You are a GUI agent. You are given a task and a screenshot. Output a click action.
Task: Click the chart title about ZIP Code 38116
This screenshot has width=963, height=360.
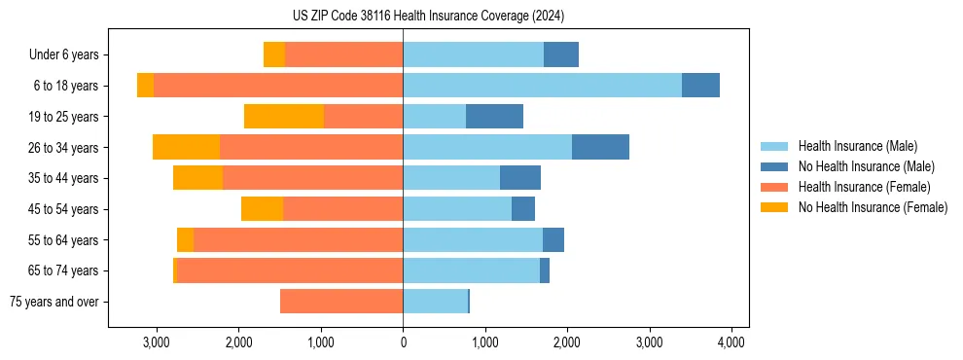pos(428,17)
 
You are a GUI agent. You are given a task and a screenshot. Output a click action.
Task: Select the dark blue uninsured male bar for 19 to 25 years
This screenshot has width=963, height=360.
pos(494,117)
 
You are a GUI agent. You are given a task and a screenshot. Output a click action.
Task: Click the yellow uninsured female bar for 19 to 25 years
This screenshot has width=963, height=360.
pos(284,117)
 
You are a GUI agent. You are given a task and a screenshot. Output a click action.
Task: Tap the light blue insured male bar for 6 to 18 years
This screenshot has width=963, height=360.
pos(542,86)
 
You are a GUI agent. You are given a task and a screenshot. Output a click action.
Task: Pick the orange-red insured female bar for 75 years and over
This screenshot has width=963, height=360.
pos(341,302)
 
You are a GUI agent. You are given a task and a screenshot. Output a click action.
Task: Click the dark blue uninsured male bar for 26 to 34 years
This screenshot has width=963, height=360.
pos(600,147)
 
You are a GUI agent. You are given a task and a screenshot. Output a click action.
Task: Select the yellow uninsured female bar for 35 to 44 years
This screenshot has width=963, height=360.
pos(198,178)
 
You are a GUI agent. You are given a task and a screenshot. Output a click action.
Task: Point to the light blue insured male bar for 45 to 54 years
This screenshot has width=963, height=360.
pos(457,209)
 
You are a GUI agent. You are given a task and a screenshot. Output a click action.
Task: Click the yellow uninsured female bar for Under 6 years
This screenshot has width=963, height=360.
pos(274,54)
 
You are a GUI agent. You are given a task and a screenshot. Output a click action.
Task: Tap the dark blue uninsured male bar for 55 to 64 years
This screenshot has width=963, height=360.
pos(553,239)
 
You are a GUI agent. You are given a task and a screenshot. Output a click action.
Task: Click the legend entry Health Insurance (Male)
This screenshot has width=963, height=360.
pos(857,146)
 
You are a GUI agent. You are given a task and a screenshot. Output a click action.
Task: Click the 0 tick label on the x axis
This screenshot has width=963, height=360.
pos(403,342)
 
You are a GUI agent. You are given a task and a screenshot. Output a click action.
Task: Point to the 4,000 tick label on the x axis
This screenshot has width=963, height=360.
pos(731,342)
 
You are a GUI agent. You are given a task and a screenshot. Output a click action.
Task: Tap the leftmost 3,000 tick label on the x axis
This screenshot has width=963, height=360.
pos(157,342)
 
